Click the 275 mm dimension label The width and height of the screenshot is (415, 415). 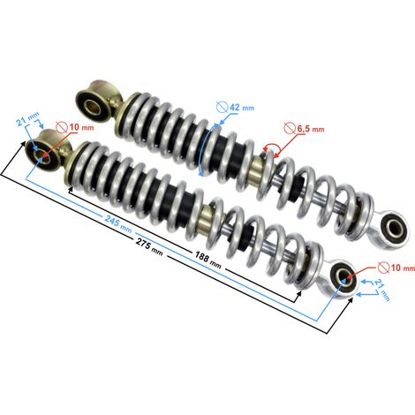[149, 246]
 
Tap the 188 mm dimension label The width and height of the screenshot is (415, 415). [207, 260]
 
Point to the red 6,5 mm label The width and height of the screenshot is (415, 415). [311, 129]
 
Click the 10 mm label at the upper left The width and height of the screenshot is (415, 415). [81, 127]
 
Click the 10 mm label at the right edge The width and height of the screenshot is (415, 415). [403, 268]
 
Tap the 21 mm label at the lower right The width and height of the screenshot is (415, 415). [382, 290]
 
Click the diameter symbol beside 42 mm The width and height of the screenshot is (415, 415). [223, 107]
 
